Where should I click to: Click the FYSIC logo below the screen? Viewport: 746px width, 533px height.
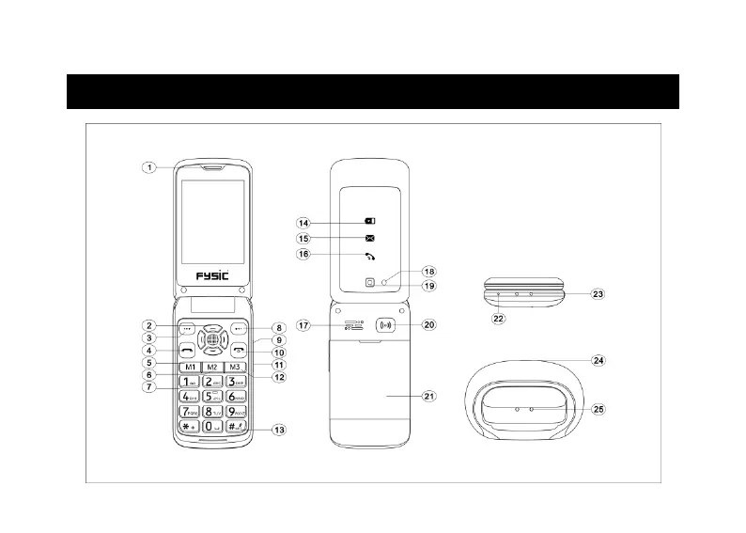point(212,275)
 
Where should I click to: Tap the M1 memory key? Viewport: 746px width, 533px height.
point(190,367)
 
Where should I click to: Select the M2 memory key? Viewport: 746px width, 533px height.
point(212,367)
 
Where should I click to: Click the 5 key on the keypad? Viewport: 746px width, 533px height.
point(212,398)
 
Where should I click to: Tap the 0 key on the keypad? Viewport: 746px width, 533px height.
point(212,428)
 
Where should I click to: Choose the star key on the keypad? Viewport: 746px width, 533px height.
point(189,428)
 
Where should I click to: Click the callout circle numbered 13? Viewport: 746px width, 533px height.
point(278,430)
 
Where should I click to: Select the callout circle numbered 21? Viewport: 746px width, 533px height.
point(429,397)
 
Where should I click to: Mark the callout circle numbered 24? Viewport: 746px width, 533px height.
point(598,360)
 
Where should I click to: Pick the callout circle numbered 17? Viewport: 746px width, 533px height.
point(303,325)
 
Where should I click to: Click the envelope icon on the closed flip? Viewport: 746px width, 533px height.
point(369,239)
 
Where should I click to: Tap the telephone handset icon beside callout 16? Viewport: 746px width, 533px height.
point(369,257)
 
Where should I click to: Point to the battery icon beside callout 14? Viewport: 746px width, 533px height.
point(369,223)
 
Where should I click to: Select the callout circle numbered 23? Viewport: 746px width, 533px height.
point(598,293)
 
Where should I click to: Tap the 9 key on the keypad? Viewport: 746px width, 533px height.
point(236,413)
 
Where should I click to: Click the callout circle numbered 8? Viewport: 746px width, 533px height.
point(278,328)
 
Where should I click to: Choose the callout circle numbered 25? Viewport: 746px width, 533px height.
point(598,411)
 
